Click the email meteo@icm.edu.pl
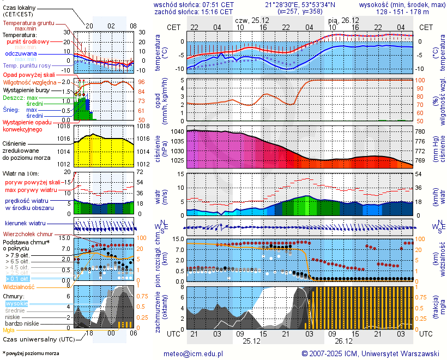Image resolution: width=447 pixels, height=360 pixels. (x=194, y=353)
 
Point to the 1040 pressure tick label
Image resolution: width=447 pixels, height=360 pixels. (x=177, y=132)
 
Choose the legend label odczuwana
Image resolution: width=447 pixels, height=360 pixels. (x=21, y=54)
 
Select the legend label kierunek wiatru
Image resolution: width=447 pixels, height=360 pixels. (x=25, y=224)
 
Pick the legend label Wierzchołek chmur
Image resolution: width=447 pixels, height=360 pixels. (x=27, y=234)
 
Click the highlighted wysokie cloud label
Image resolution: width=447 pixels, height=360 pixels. (x=17, y=303)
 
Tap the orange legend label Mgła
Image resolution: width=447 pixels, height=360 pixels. (x=9, y=330)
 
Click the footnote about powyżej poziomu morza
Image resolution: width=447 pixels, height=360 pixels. (x=31, y=353)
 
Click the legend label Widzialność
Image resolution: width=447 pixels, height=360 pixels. (x=19, y=286)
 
